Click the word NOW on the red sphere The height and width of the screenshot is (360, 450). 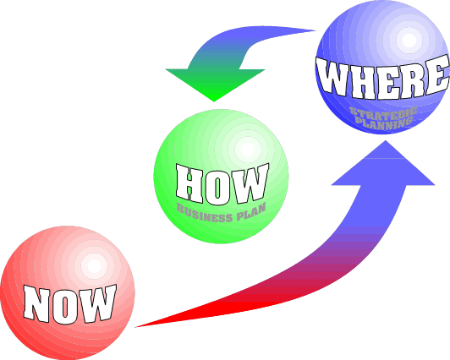(x=69, y=304)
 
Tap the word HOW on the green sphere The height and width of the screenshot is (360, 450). (x=222, y=183)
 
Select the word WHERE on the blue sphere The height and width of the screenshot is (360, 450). (x=383, y=78)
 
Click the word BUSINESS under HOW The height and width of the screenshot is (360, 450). (x=204, y=213)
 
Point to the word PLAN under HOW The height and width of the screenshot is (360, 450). (x=251, y=212)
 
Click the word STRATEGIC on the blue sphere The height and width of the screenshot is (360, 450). (x=383, y=112)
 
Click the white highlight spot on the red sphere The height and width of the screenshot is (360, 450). (x=94, y=266)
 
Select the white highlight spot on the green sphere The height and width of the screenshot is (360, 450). (x=248, y=150)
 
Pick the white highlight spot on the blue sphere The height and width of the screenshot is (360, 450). (x=409, y=41)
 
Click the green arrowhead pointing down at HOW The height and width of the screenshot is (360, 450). (x=215, y=85)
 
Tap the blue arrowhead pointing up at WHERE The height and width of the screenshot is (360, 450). (x=384, y=162)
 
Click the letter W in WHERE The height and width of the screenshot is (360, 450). (x=333, y=77)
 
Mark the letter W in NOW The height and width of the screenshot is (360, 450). (x=97, y=303)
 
